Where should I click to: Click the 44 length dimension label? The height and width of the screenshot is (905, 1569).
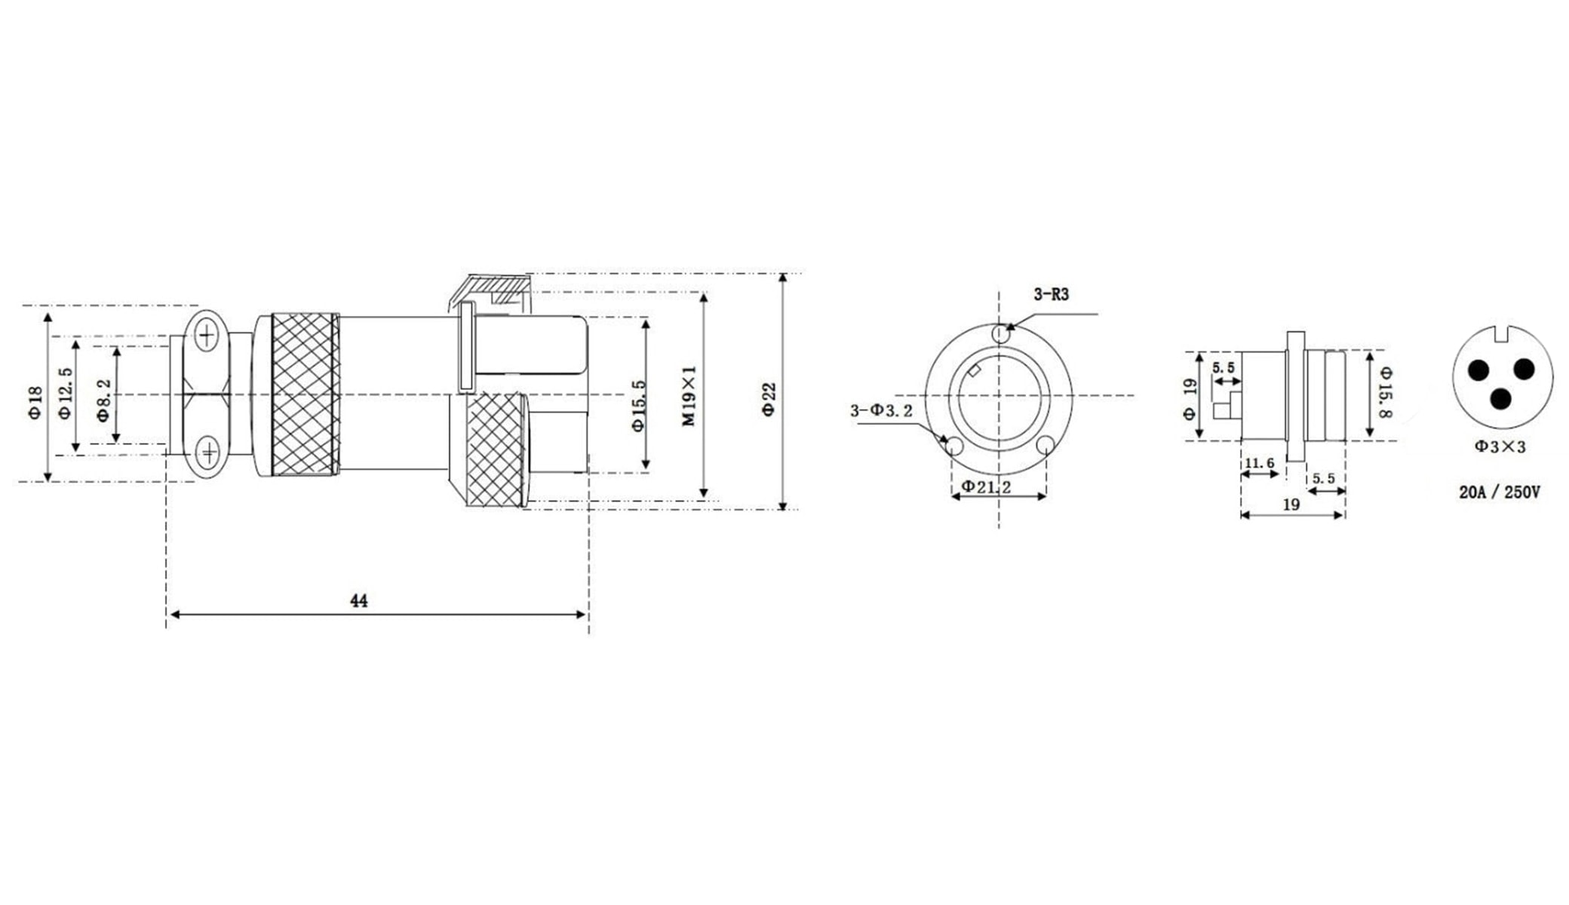click(x=359, y=601)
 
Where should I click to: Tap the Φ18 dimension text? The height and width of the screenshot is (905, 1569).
click(x=35, y=403)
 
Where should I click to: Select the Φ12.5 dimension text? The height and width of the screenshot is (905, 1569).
click(x=65, y=394)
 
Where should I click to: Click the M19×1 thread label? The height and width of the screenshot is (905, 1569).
click(x=689, y=397)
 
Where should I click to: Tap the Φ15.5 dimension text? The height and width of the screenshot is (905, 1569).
click(x=639, y=406)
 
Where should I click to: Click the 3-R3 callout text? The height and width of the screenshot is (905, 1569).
click(x=1051, y=295)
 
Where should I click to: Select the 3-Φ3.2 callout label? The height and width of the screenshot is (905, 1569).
click(x=881, y=411)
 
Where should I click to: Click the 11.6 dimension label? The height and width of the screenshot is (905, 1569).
click(x=1259, y=463)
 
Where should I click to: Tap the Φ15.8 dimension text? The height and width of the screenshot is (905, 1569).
click(x=1385, y=392)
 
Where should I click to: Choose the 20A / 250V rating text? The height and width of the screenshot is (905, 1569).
click(x=1500, y=492)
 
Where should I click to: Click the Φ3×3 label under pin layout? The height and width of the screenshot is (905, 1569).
click(x=1500, y=446)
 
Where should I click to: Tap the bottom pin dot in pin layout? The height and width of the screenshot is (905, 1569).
click(x=1502, y=398)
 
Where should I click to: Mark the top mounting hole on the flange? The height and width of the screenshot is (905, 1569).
click(x=1000, y=333)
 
